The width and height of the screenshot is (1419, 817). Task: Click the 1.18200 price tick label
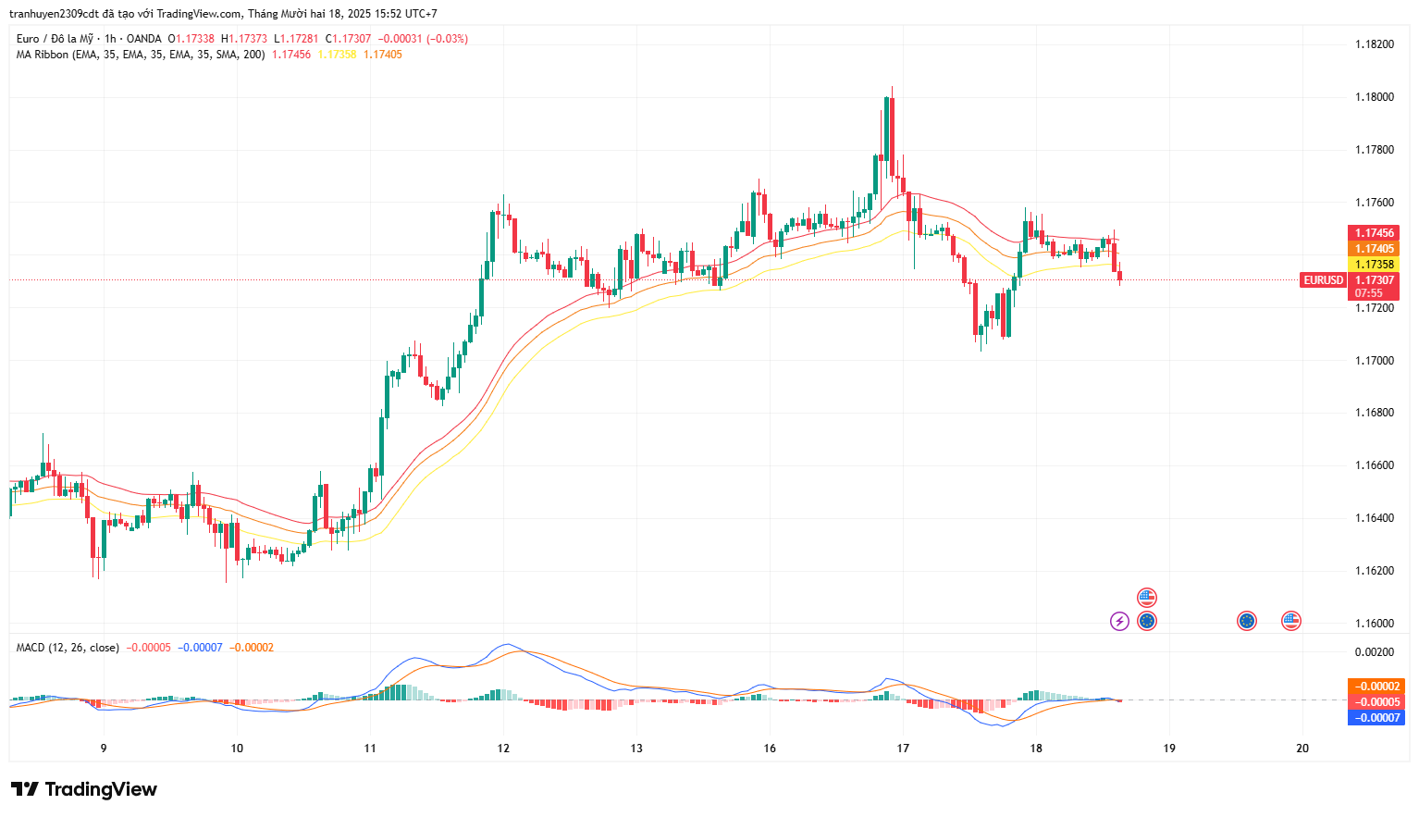[x=1374, y=44]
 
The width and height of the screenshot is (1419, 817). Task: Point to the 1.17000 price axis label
[x=1374, y=360]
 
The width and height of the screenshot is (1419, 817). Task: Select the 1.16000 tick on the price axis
[x=1374, y=623]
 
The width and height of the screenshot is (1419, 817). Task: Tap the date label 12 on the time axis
[x=503, y=749]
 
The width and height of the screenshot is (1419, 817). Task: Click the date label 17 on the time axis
[x=903, y=749]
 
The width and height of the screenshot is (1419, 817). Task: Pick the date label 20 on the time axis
[x=1302, y=749]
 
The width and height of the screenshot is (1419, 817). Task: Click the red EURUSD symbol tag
[x=1323, y=280]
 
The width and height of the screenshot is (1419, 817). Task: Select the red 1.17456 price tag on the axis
[x=1374, y=233]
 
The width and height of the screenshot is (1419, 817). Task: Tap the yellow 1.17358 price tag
[x=1374, y=265]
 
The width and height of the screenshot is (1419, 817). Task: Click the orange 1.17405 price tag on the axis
[x=1374, y=249]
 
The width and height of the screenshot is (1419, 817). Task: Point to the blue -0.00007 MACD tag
[x=1376, y=718]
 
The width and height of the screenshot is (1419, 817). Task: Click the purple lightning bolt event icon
[x=1119, y=621]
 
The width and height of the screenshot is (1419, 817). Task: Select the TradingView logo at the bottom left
[x=84, y=789]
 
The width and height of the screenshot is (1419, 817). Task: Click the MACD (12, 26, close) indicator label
[x=68, y=648]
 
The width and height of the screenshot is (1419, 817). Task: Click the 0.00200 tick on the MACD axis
[x=1374, y=652]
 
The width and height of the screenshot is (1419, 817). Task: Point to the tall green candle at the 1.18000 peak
[x=887, y=130]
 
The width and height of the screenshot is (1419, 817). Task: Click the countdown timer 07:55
[x=1369, y=293]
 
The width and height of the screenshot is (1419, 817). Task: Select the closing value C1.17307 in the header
[x=348, y=39]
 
